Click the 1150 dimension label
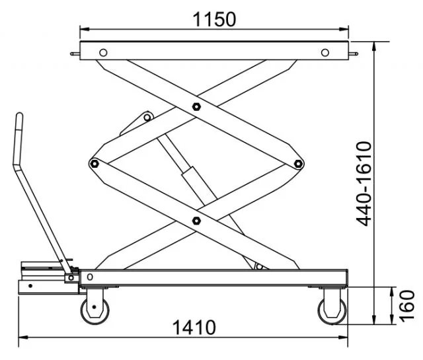point(214,19)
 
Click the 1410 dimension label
point(194,328)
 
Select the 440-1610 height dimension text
point(364,184)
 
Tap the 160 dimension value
point(406,306)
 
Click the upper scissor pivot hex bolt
point(196,106)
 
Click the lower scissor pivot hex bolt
point(196,221)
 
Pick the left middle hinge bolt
point(94,163)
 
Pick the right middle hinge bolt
point(298,163)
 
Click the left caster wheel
point(95,310)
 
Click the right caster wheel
point(332,310)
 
